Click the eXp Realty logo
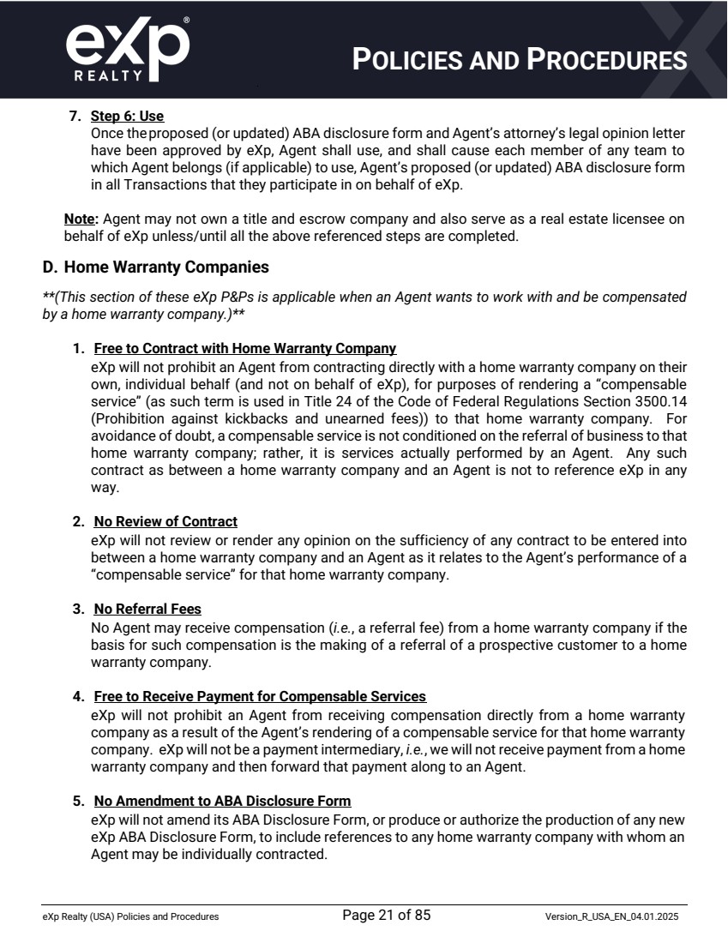[x=127, y=49]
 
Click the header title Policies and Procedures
[x=520, y=59]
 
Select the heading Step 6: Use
[x=127, y=116]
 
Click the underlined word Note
[x=79, y=219]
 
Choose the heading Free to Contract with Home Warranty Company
[x=245, y=349]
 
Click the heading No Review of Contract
[x=165, y=521]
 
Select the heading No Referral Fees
[x=147, y=609]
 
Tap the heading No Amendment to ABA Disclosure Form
[x=222, y=801]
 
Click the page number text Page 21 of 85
[x=386, y=916]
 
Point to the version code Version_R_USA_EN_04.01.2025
[x=616, y=917]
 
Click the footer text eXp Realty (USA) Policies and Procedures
[x=130, y=917]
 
